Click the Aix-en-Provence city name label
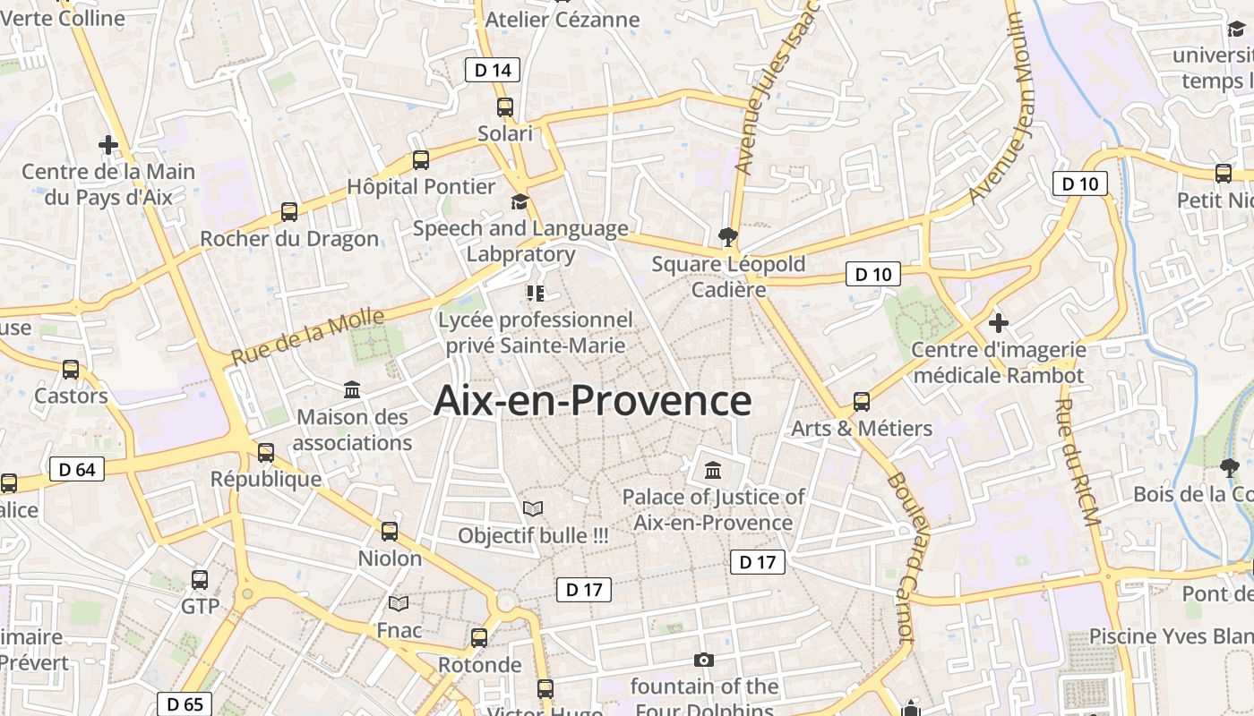(592, 400)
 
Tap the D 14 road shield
(493, 70)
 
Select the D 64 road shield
(77, 469)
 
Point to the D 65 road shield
(185, 703)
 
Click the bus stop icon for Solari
(505, 107)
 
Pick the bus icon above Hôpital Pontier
(421, 160)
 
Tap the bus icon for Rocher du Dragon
(289, 212)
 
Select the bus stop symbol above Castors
(71, 369)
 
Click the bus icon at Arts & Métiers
(862, 402)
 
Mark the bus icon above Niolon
(390, 532)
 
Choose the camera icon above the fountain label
(704, 661)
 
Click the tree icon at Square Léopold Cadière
(728, 237)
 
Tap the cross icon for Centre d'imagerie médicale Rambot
(999, 322)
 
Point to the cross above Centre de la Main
(108, 144)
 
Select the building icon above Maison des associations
(352, 390)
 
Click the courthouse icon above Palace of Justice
(713, 470)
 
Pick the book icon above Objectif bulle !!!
(533, 509)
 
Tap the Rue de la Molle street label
(308, 336)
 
